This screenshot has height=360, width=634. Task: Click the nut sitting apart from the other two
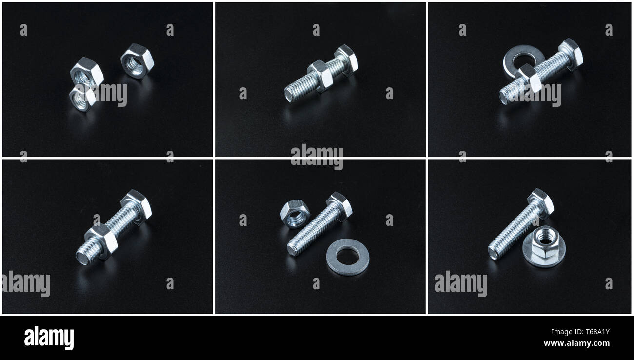tap(137, 61)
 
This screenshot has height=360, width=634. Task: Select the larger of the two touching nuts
tap(86, 73)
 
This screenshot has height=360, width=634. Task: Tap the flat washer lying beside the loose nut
tap(347, 257)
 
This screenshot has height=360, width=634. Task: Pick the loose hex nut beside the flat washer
tap(295, 214)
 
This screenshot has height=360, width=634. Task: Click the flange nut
tap(543, 247)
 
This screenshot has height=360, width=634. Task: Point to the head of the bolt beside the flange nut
tap(541, 201)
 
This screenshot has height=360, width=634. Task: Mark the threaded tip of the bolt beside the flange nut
tap(493, 253)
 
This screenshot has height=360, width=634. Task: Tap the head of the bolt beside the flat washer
tap(340, 204)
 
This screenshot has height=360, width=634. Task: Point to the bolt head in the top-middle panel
tap(347, 59)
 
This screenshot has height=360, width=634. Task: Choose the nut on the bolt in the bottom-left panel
tap(101, 241)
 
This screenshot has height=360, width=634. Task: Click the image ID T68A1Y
tap(593, 333)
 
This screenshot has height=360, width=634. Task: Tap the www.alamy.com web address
tap(576, 343)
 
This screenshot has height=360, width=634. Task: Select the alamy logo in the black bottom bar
tap(49, 338)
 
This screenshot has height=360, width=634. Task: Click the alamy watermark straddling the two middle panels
tap(317, 157)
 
